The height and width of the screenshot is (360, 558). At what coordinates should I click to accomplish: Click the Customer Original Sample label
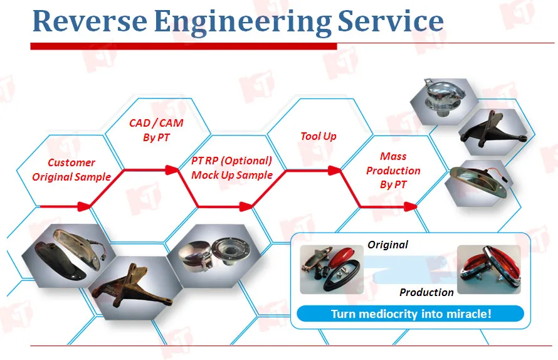[x=71, y=169]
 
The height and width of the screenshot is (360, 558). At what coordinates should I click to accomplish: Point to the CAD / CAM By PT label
[x=156, y=130]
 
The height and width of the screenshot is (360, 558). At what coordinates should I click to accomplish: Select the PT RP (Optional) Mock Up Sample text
[x=232, y=167]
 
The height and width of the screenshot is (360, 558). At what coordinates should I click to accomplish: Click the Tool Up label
[x=318, y=136]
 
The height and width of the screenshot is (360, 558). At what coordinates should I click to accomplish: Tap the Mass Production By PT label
[x=393, y=170]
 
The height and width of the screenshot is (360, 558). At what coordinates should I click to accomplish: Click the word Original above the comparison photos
[x=387, y=245]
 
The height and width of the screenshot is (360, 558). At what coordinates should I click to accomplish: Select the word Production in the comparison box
[x=426, y=292]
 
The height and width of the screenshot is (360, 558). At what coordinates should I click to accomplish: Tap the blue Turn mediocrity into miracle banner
[x=411, y=314]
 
